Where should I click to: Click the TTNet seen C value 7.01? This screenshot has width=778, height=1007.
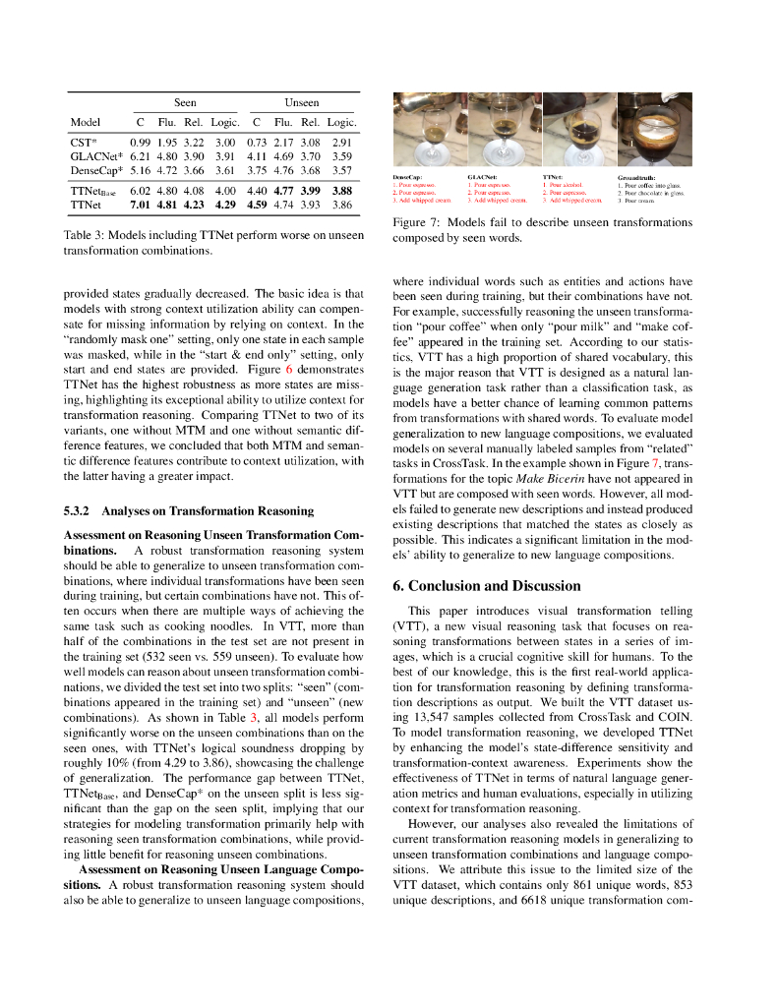click(x=139, y=205)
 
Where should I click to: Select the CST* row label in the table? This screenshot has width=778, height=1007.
click(x=83, y=142)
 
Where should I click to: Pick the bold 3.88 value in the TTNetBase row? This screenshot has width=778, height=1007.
click(x=341, y=191)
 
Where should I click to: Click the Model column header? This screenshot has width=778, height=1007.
click(x=86, y=123)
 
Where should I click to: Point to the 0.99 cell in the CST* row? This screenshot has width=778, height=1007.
click(x=139, y=142)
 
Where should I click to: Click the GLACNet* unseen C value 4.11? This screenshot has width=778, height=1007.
click(x=257, y=155)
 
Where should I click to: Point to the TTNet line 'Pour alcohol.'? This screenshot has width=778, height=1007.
click(x=568, y=185)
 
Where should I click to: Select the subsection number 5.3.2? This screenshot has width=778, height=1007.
click(x=78, y=510)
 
